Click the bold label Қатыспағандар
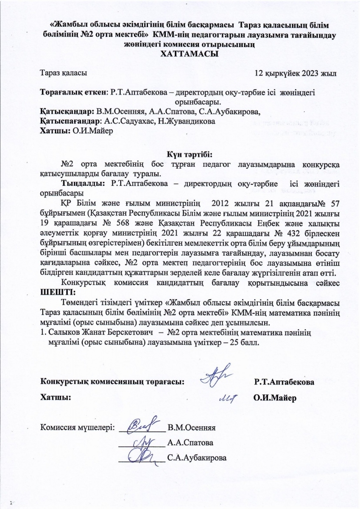coord(70,121)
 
